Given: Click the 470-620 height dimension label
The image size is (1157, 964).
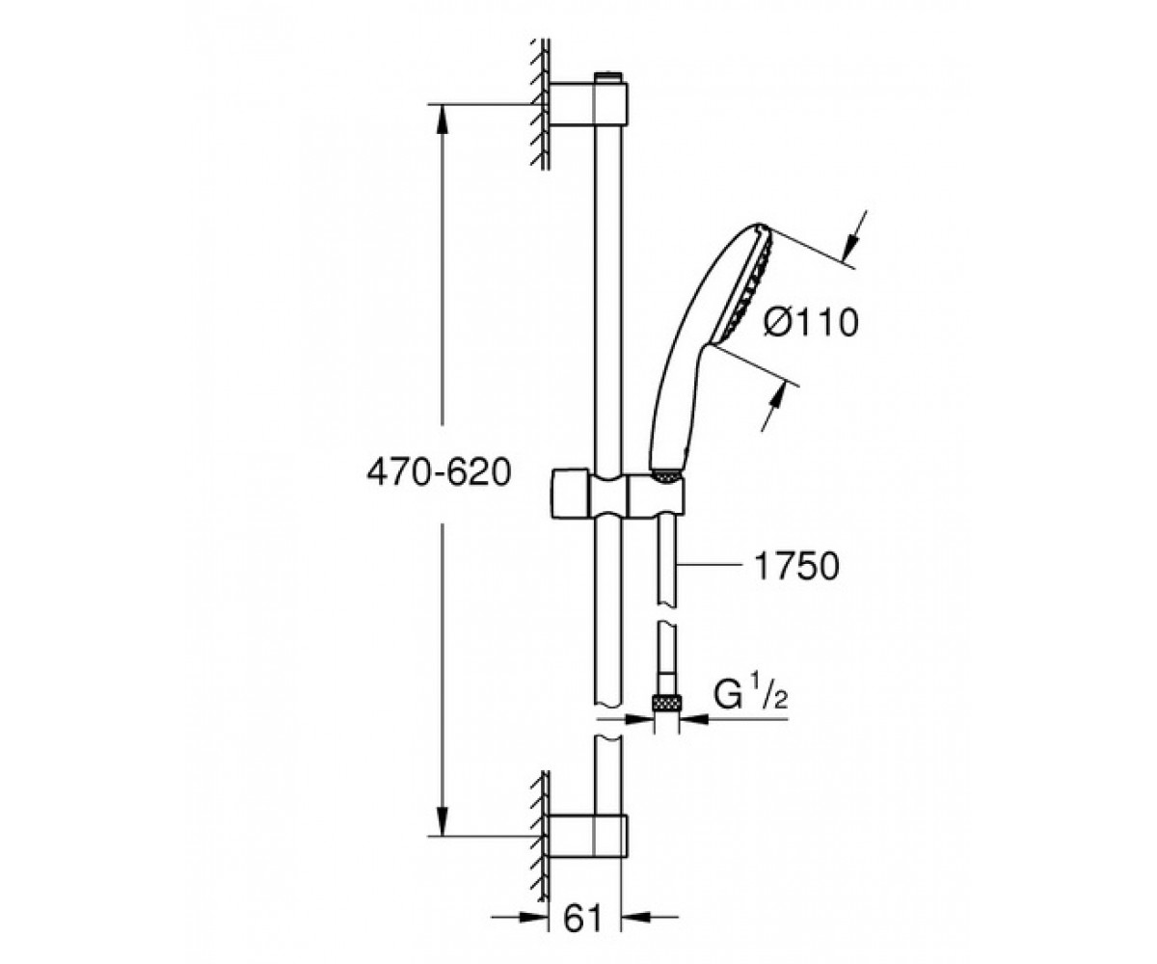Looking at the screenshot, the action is point(439,473).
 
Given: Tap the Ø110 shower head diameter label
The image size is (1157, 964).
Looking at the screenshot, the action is point(810,322).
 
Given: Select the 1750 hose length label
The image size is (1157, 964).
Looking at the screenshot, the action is point(796,567).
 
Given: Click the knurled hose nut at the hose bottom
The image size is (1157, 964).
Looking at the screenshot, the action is point(667,704).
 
